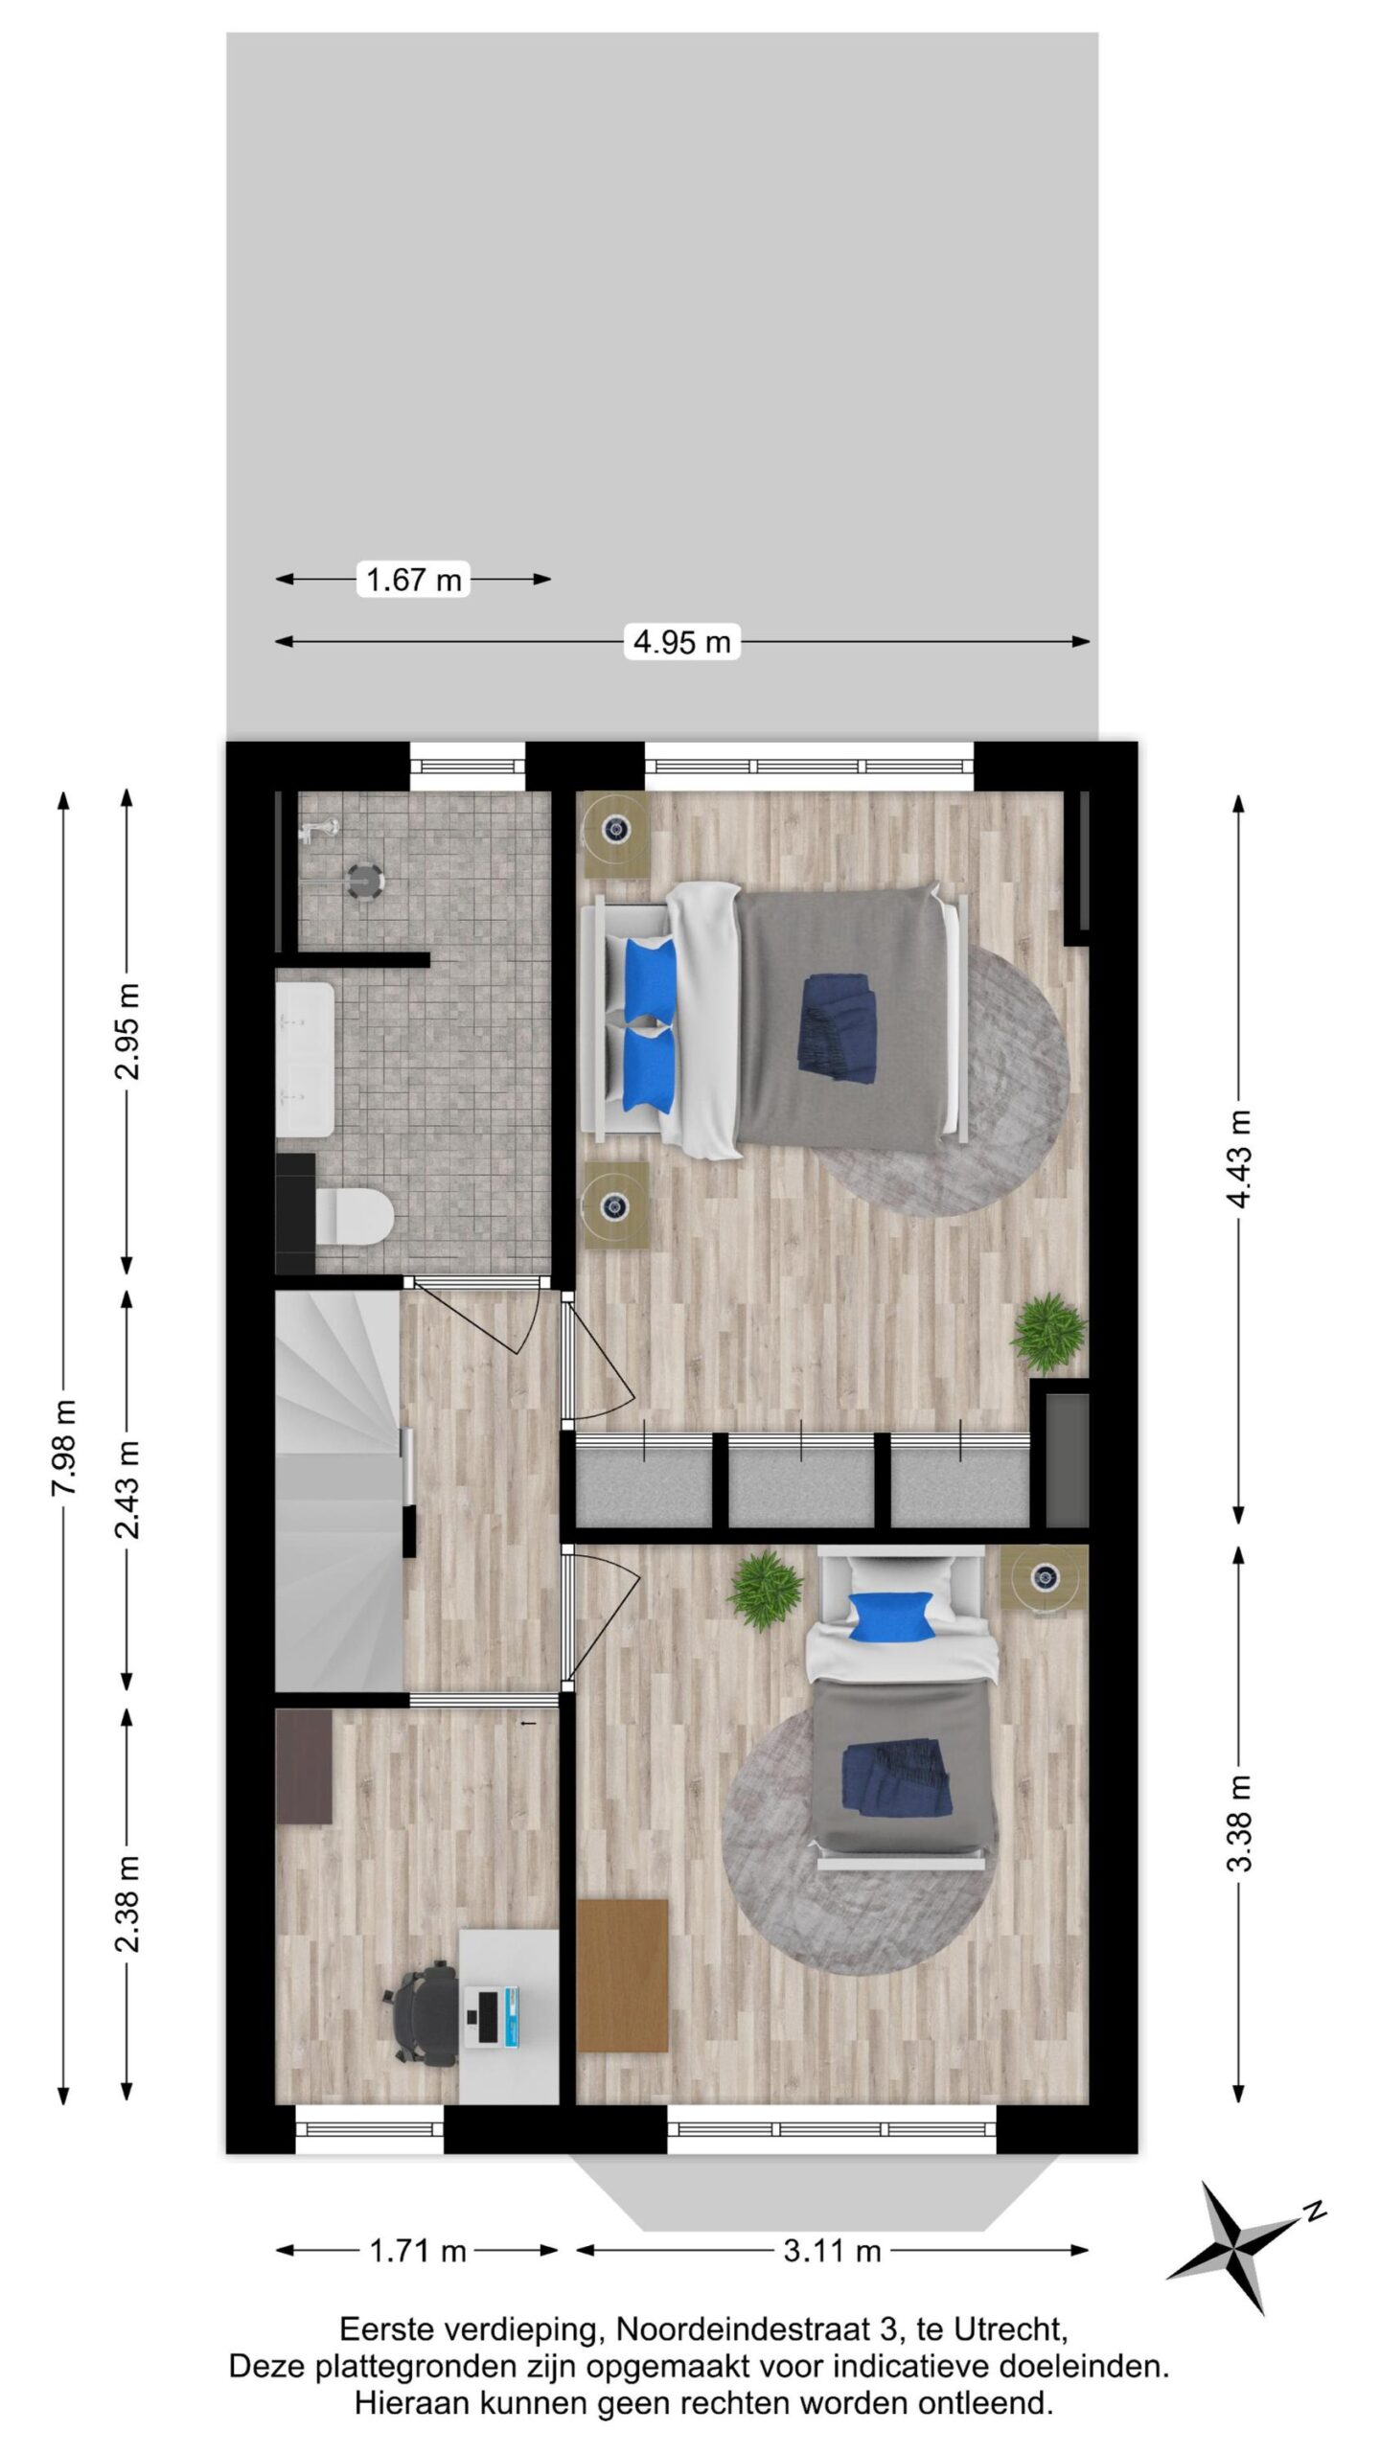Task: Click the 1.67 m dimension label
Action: tap(413, 579)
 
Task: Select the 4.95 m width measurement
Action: tap(681, 641)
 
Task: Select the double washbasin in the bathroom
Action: tap(305, 1059)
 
